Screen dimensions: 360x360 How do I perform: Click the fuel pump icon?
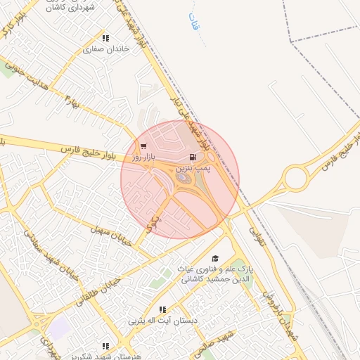coord(193,158)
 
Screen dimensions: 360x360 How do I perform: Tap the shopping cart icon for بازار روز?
coord(143,148)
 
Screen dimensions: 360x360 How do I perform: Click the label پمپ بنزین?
coord(193,169)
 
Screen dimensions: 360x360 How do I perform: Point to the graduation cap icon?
coord(215,259)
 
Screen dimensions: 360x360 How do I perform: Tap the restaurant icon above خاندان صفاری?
coord(105,39)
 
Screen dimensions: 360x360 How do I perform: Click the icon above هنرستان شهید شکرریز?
coord(105,346)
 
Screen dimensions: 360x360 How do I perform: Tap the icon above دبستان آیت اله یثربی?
coord(162,309)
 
